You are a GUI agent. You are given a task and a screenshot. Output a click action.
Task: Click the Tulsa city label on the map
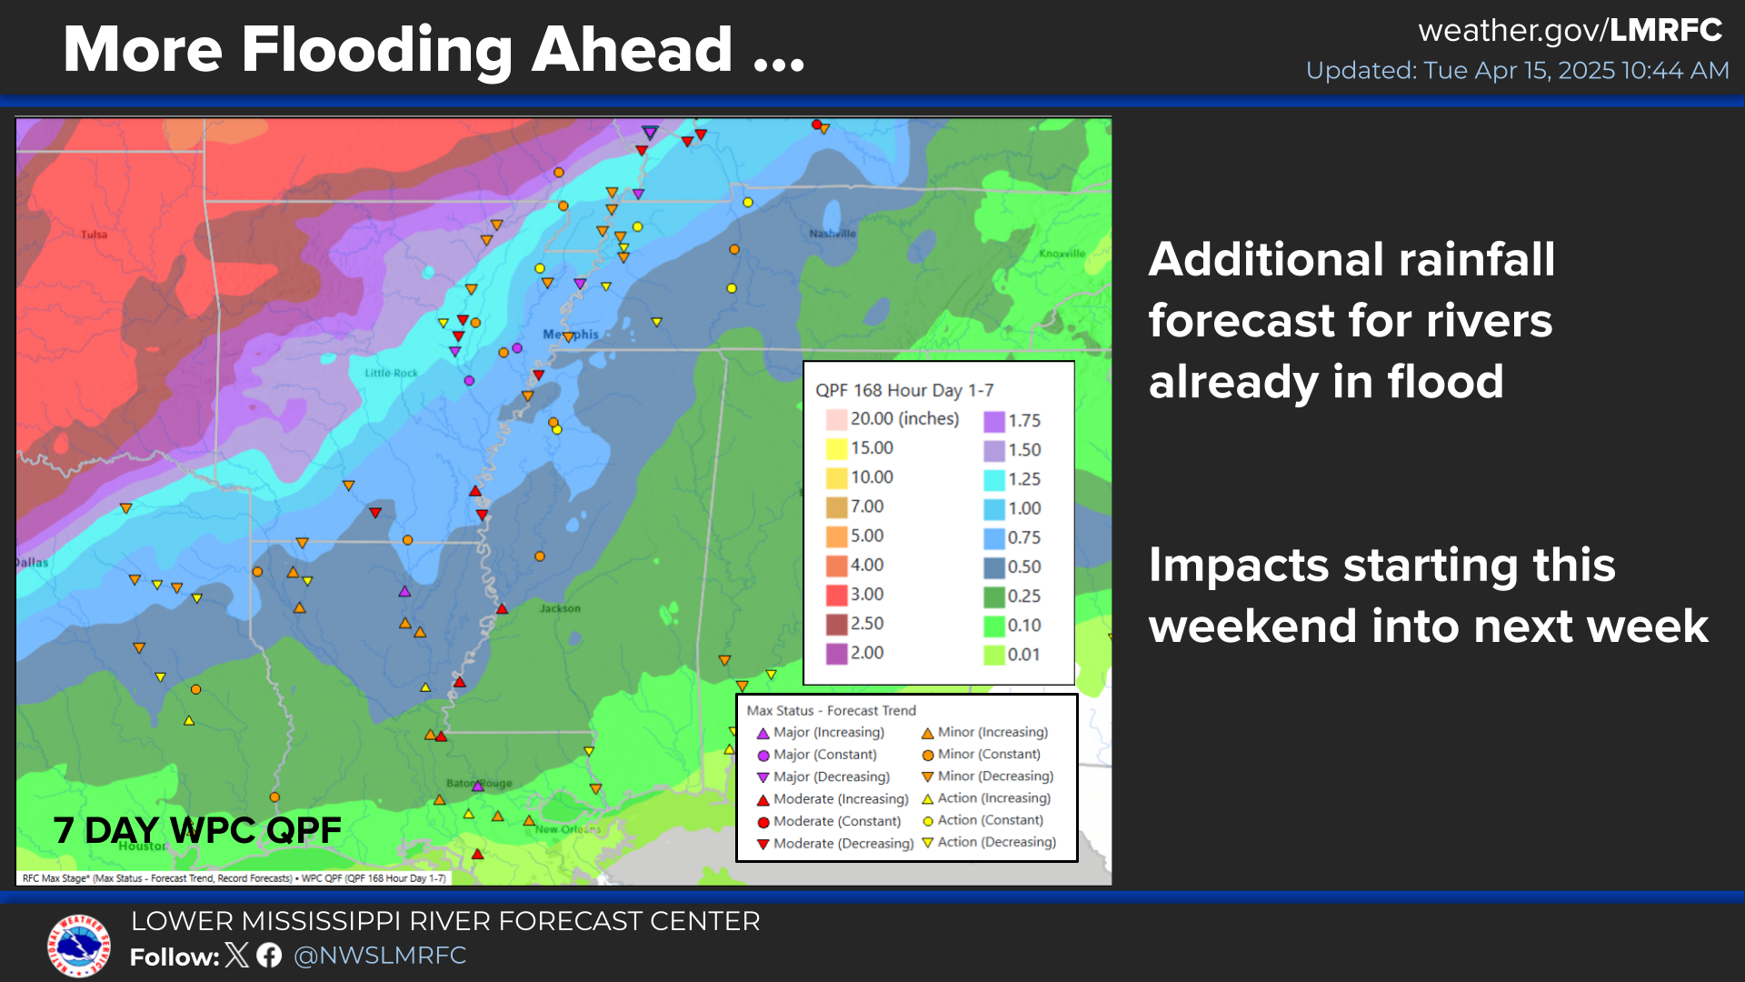[94, 235]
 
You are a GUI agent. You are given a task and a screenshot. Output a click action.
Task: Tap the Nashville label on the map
[833, 234]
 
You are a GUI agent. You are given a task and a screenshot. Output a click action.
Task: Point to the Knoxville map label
[1062, 254]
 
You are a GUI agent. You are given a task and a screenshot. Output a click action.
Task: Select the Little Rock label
[391, 373]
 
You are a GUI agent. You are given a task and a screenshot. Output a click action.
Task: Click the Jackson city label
[560, 608]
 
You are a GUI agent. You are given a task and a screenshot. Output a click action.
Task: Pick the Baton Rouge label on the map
[479, 783]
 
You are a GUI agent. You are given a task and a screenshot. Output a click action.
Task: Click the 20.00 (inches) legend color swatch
[836, 420]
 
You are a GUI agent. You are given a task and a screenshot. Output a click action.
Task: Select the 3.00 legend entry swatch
[836, 596]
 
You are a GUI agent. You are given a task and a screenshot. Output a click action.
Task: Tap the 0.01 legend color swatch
[994, 655]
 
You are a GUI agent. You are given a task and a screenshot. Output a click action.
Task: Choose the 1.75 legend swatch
[994, 421]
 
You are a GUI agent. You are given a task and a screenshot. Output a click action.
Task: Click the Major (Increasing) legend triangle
[763, 733]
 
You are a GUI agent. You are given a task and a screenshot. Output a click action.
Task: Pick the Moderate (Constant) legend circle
[763, 822]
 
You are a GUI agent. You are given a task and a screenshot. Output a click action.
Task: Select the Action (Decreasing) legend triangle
[928, 843]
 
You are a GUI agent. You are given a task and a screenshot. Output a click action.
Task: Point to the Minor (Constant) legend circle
[928, 755]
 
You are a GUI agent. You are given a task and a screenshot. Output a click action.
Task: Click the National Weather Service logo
[80, 946]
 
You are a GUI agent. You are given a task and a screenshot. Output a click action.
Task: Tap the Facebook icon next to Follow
[269, 955]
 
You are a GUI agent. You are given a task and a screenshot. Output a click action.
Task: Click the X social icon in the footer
[236, 955]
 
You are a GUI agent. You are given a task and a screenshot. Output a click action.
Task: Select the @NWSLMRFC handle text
[380, 956]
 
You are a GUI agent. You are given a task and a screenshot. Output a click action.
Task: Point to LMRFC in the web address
[1666, 30]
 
